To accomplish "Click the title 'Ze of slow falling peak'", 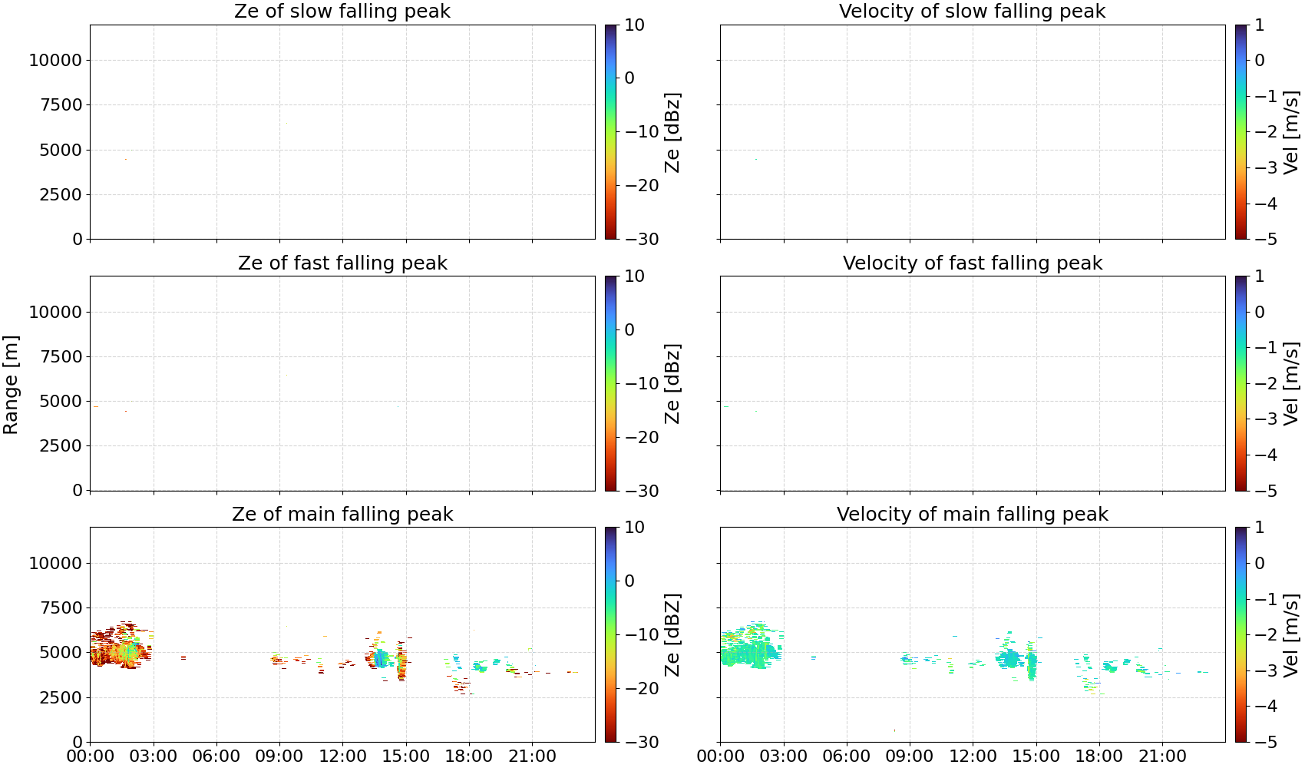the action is click(342, 12).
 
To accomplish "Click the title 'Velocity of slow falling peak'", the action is click(973, 12).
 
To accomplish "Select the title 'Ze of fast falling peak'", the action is click(342, 263).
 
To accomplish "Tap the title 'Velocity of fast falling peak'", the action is click(973, 263).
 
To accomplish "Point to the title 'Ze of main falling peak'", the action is click(342, 515).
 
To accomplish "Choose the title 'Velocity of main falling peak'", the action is click(973, 515).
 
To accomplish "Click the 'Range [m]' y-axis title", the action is click(11, 385).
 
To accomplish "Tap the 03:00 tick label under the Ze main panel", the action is click(154, 756).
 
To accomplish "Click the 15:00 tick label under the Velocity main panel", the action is click(1036, 756).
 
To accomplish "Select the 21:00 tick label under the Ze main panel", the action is click(532, 756).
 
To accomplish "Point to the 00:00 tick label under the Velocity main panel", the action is click(721, 756).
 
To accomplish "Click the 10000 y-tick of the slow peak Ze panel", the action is click(55, 60).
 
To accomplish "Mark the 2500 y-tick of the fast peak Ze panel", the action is click(61, 445).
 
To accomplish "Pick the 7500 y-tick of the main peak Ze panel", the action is click(61, 607).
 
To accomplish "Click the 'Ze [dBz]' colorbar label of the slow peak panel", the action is click(672, 132).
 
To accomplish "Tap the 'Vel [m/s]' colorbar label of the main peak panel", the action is click(1291, 635).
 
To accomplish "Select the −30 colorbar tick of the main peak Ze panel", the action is click(642, 743).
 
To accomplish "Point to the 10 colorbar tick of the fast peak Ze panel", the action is click(635, 276).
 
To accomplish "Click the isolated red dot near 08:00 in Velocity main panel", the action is click(894, 730).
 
